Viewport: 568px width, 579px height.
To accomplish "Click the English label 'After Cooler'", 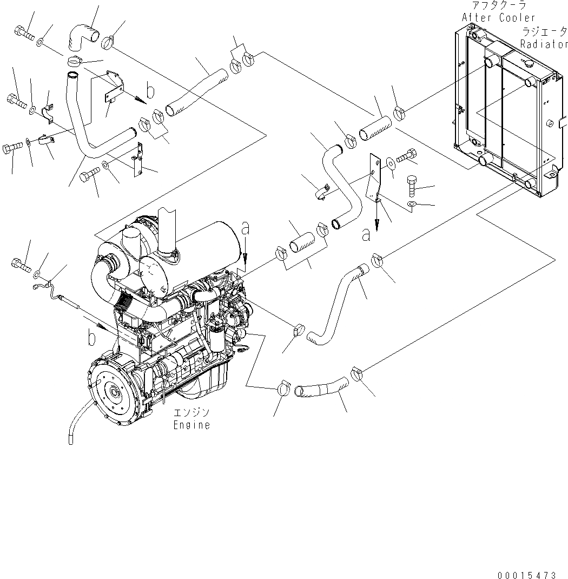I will (498, 17).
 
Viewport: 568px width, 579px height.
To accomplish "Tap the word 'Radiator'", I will (544, 43).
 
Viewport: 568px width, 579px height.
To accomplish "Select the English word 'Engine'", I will (191, 425).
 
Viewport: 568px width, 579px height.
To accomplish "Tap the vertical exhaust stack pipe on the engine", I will (168, 227).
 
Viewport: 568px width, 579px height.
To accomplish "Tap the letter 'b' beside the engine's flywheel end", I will (91, 339).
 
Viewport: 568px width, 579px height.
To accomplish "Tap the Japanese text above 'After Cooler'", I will (498, 6).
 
